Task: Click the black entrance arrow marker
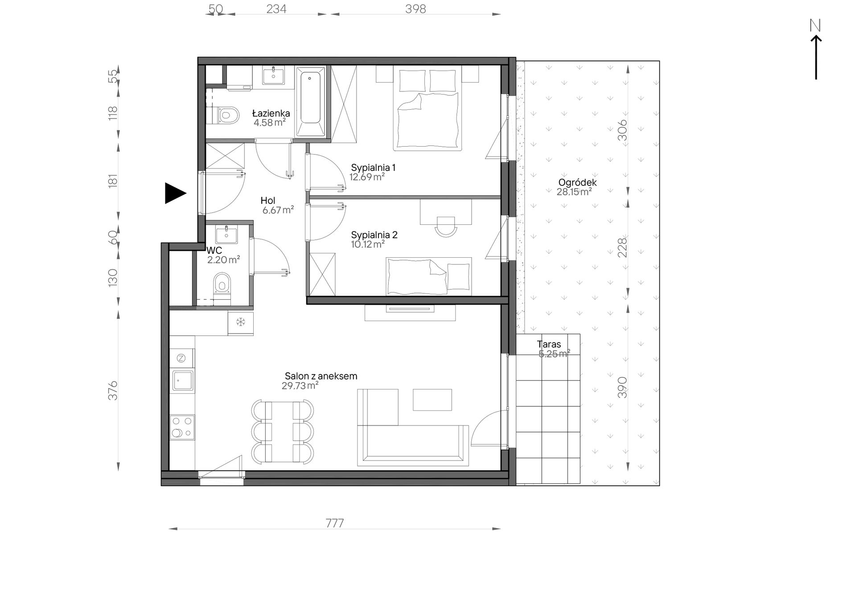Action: [175, 193]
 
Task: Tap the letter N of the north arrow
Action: [815, 26]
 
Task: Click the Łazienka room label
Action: [271, 113]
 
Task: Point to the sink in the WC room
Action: [226, 234]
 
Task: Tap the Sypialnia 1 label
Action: [373, 168]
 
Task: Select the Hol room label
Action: [268, 201]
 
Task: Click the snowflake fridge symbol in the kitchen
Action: [241, 322]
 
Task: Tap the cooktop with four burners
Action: [182, 427]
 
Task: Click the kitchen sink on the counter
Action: [183, 381]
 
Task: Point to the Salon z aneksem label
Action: [321, 376]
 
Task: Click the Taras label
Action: [549, 344]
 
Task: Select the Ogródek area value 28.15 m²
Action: [574, 192]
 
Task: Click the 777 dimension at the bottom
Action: [335, 523]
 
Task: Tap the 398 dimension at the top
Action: [415, 9]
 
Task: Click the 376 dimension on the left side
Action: [113, 390]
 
